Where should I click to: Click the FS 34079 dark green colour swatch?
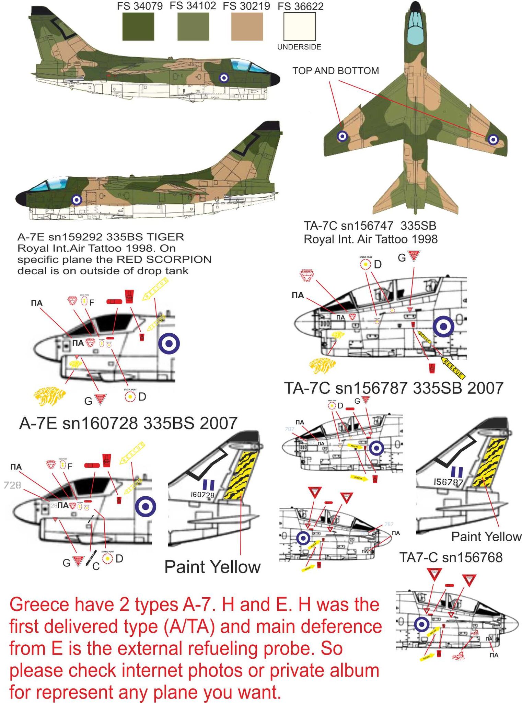pos(138,27)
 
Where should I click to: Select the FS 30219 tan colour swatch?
pos(247,27)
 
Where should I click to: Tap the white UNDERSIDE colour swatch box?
pos(299,27)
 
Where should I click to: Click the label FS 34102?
pos(193,6)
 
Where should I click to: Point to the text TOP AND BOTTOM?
pos(335,71)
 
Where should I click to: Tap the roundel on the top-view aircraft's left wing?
pos(342,137)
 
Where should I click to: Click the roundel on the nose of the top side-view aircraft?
pos(224,78)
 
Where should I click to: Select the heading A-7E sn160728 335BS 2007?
pos(128,423)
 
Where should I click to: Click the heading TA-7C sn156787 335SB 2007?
pos(393,388)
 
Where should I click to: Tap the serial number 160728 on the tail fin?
pos(202,495)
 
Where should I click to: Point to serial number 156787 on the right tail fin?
pos(448,482)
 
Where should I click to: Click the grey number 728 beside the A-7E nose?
pos(12,485)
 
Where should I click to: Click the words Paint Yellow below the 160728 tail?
pos(212,567)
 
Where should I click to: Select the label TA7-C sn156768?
pos(451,557)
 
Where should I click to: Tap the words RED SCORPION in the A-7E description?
pos(164,260)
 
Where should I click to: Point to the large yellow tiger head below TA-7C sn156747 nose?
pos(322,366)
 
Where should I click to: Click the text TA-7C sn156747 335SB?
pos(370,226)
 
